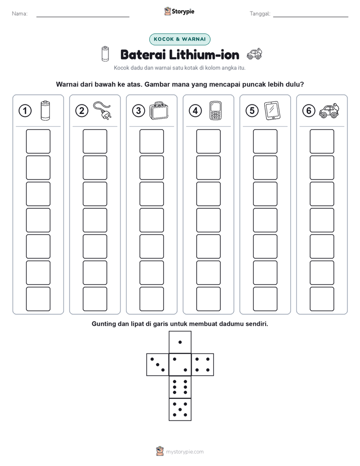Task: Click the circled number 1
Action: pyautogui.click(x=25, y=111)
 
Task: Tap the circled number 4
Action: pyautogui.click(x=195, y=111)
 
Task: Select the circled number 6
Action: pyautogui.click(x=309, y=111)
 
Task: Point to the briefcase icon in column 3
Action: pyautogui.click(x=159, y=110)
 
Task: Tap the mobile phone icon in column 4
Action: pyautogui.click(x=215, y=110)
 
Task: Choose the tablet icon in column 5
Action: pyautogui.click(x=272, y=110)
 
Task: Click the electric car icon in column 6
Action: pyautogui.click(x=329, y=111)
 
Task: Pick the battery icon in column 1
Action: pyautogui.click(x=45, y=110)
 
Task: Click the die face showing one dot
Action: pyautogui.click(x=180, y=342)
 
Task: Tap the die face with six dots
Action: pyautogui.click(x=180, y=387)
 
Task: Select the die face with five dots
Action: pyautogui.click(x=180, y=410)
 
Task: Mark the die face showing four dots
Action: pyautogui.click(x=203, y=365)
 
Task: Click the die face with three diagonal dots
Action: pyautogui.click(x=158, y=365)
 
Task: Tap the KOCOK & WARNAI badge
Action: pyautogui.click(x=179, y=39)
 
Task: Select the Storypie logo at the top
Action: pyautogui.click(x=179, y=11)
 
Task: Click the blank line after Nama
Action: pyautogui.click(x=83, y=17)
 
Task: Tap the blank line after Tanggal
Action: pyautogui.click(x=311, y=17)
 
